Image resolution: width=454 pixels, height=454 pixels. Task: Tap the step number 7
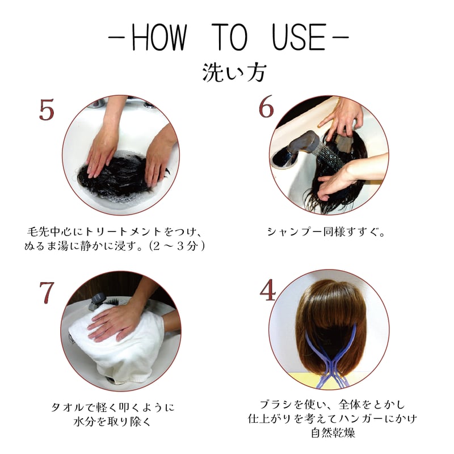pyautogui.click(x=47, y=293)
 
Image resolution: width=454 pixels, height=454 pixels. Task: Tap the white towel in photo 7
pyautogui.click(x=113, y=346)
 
